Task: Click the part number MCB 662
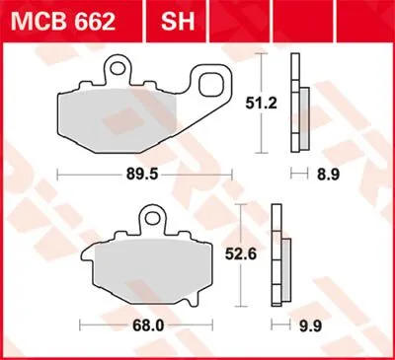tap(63, 22)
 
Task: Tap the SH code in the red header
tap(178, 22)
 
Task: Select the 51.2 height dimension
tap(262, 104)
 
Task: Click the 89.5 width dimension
tap(142, 175)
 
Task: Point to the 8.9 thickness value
tap(328, 175)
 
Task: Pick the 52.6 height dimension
tap(241, 254)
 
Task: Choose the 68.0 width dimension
tap(148, 326)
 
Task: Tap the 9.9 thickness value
tap(310, 326)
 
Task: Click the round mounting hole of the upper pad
tap(116, 69)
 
